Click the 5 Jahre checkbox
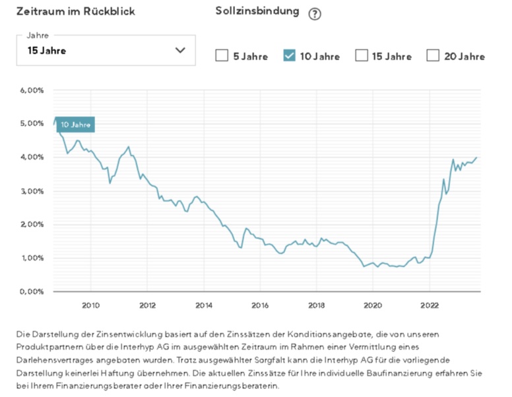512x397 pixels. point(222,56)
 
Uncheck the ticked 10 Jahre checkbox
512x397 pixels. point(289,56)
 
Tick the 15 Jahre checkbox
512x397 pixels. point(362,56)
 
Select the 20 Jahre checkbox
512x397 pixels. point(433,56)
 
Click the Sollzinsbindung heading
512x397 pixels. point(257,12)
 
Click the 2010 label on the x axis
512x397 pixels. point(90,305)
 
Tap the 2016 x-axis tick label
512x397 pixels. point(260,305)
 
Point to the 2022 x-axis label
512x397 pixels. point(429,305)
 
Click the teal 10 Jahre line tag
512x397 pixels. point(75,124)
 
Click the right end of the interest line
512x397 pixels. point(477,158)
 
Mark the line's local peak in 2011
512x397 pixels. point(129,146)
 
